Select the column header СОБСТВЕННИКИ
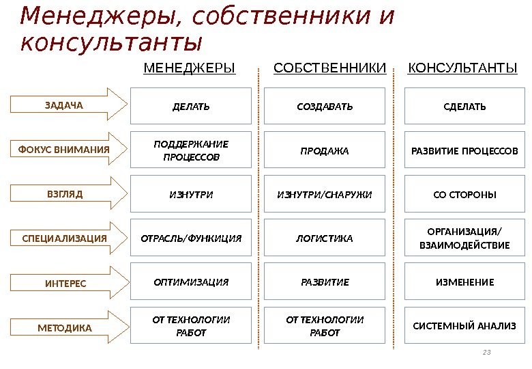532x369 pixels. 329,68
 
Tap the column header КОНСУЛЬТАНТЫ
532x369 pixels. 462,68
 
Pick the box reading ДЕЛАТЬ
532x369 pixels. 191,107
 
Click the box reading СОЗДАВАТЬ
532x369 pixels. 325,107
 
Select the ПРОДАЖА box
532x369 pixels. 325,150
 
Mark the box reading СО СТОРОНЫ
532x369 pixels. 464,195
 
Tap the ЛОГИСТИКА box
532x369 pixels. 325,238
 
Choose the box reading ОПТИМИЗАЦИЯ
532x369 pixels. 191,282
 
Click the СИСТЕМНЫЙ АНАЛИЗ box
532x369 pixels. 464,326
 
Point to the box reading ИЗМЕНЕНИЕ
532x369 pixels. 464,282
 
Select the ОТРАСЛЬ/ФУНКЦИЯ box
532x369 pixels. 191,238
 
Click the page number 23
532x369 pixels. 486,352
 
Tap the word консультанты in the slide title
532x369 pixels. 112,42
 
